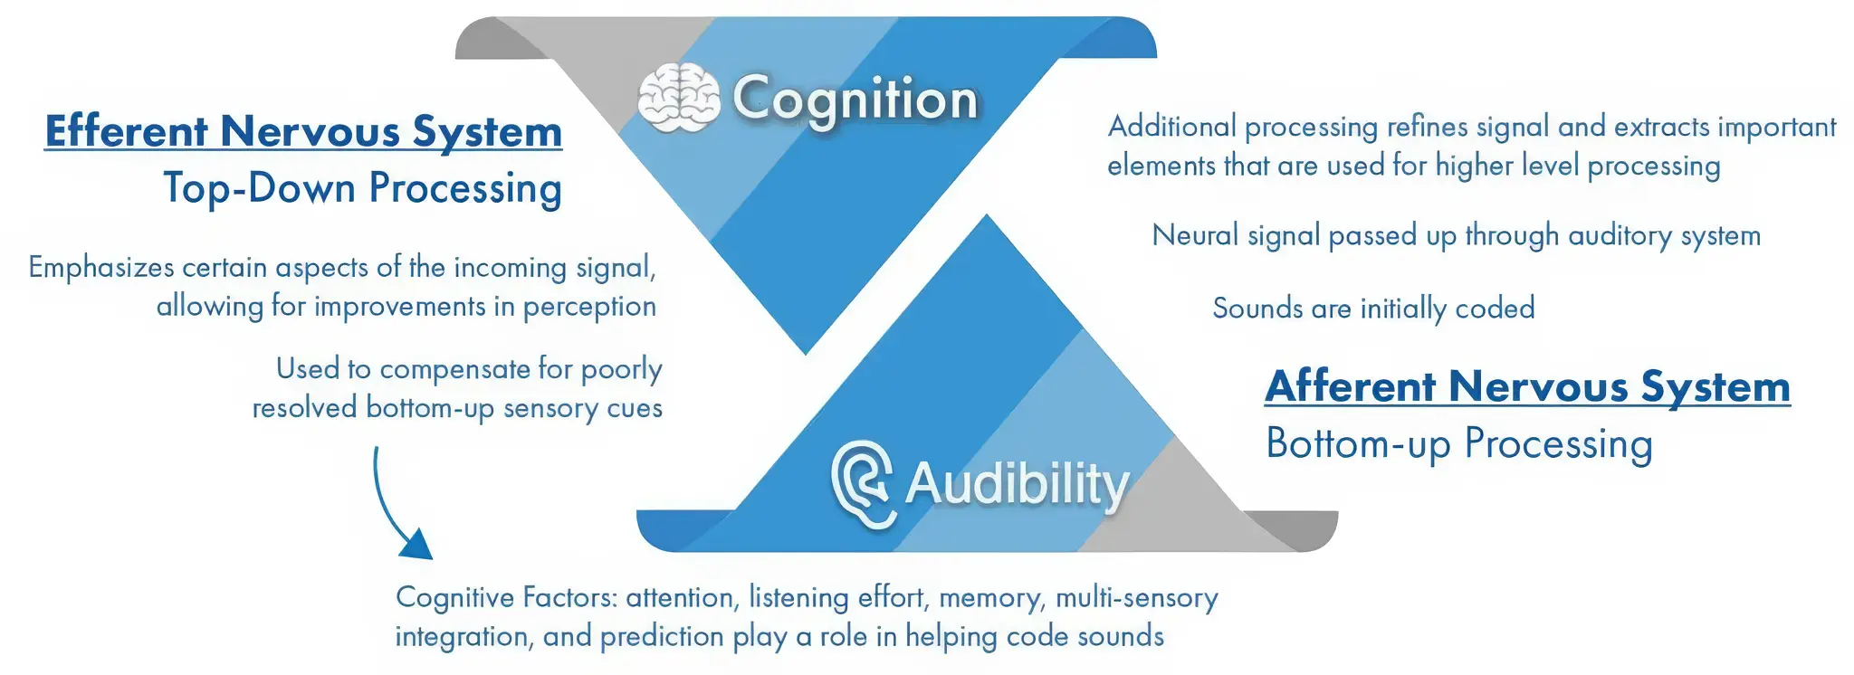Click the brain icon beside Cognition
(x=678, y=97)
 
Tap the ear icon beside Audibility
(x=863, y=483)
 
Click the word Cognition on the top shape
(x=855, y=100)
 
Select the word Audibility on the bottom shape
(x=1017, y=484)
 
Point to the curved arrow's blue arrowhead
(x=417, y=545)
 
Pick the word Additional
(x=1171, y=127)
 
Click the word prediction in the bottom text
(x=661, y=637)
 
